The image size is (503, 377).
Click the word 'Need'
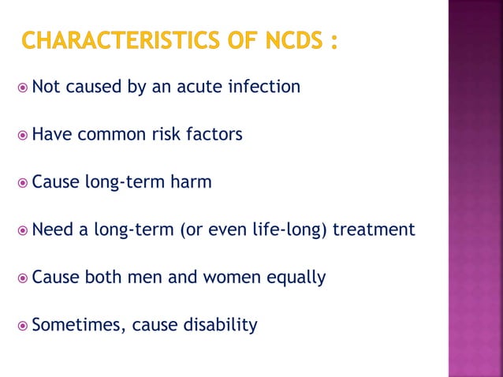(x=52, y=230)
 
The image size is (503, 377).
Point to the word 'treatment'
(x=374, y=230)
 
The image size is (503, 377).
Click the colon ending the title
(x=333, y=41)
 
